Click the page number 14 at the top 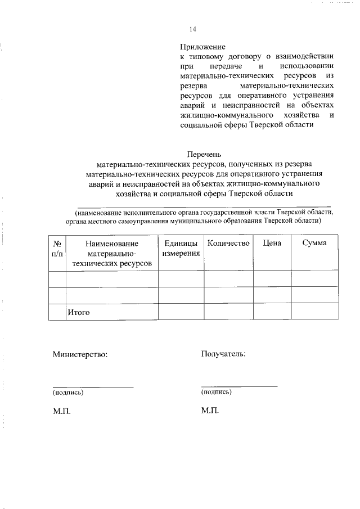point(193,29)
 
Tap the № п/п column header point(57,248)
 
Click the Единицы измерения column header point(181,248)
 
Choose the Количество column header point(228,243)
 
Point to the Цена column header point(272,243)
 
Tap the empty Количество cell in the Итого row point(228,312)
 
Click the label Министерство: point(80,354)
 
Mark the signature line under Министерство point(93,386)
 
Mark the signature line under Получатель point(239,386)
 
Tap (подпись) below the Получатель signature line point(216,392)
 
